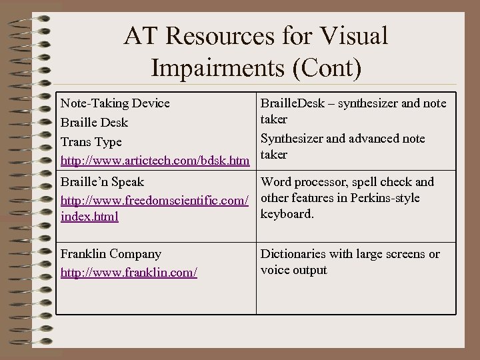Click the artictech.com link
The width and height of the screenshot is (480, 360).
point(155,161)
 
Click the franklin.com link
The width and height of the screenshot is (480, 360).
point(129,273)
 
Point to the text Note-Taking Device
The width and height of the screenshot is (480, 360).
point(115,103)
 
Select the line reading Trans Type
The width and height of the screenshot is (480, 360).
point(91,142)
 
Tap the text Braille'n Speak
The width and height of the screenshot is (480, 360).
point(102,182)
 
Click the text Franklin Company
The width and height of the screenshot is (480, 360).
point(111,254)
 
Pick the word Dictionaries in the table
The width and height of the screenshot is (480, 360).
point(295,254)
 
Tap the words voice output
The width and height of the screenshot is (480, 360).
point(294,270)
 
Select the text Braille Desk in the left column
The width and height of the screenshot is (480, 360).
point(94,123)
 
